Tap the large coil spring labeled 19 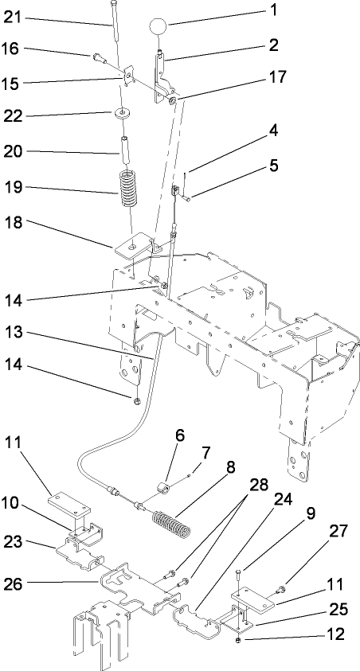(x=129, y=188)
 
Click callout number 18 (x=16, y=226)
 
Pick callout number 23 (x=15, y=542)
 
